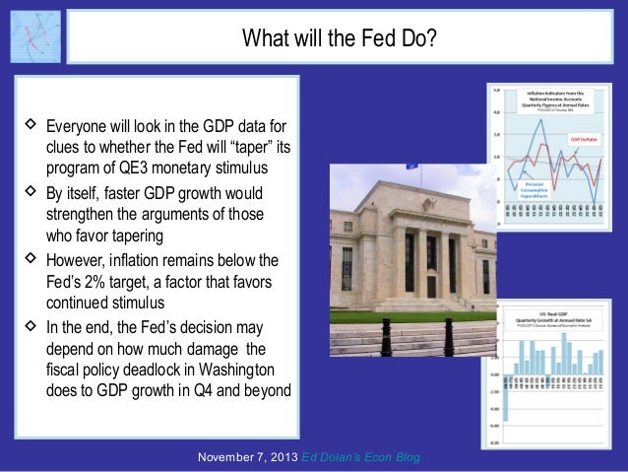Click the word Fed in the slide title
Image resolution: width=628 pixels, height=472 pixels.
(367, 40)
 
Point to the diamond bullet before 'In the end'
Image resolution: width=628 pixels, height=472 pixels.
(29, 326)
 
